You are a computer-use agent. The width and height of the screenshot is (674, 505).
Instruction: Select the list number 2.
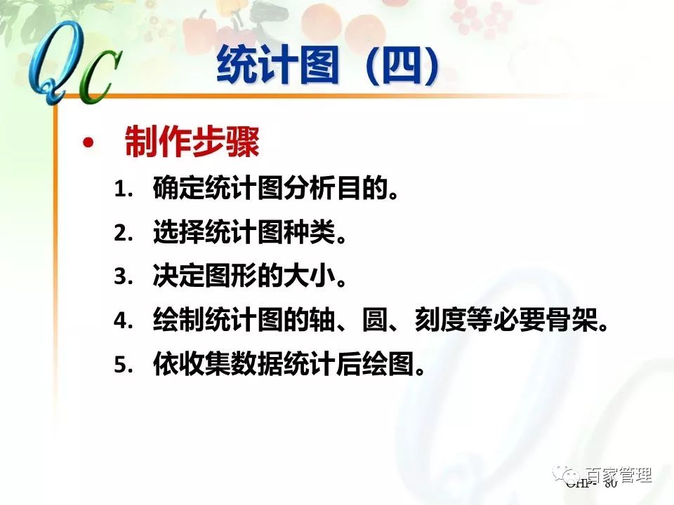[123, 234]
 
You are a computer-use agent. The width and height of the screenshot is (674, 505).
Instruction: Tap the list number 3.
[123, 278]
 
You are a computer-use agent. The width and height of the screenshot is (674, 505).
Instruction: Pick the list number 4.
[123, 321]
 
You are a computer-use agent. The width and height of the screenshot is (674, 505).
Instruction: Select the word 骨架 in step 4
[576, 321]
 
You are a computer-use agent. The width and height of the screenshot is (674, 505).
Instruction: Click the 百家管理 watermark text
[620, 475]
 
